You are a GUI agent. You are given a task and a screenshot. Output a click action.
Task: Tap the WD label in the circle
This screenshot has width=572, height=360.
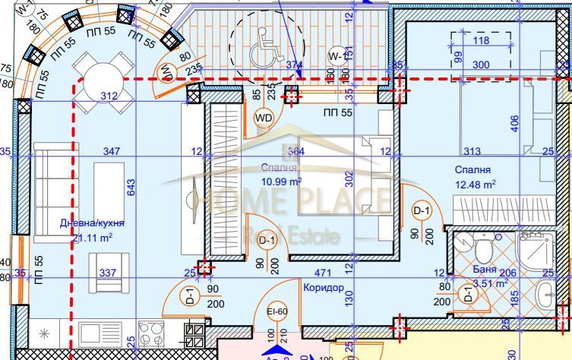coord(264,118)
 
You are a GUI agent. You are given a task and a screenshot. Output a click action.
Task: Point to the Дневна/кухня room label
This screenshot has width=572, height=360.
coord(92,223)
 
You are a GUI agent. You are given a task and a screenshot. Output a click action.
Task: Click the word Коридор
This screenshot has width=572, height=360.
coord(323,288)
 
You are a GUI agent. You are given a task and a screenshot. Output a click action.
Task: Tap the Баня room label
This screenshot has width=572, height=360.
coord(485,270)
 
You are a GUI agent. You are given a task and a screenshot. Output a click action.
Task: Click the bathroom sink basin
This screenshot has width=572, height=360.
coord(545,294)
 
